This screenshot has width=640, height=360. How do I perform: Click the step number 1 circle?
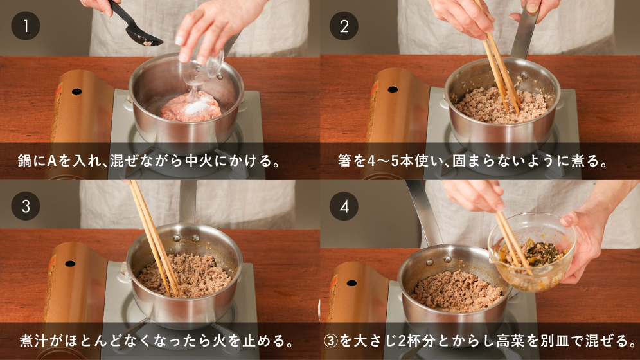[x=26, y=26]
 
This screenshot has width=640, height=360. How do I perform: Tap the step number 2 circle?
[x=344, y=26]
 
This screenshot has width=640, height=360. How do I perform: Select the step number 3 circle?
[x=26, y=206]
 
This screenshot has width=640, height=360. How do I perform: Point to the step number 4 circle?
[x=344, y=206]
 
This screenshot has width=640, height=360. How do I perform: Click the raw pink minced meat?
[x=191, y=107]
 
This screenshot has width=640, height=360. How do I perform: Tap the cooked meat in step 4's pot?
[x=456, y=291]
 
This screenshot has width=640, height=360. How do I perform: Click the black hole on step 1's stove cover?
[x=76, y=91]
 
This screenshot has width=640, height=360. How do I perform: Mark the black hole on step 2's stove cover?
[x=392, y=89]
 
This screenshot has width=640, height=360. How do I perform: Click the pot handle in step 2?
[x=524, y=31]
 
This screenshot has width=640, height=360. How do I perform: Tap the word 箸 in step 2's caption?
[x=345, y=161]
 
